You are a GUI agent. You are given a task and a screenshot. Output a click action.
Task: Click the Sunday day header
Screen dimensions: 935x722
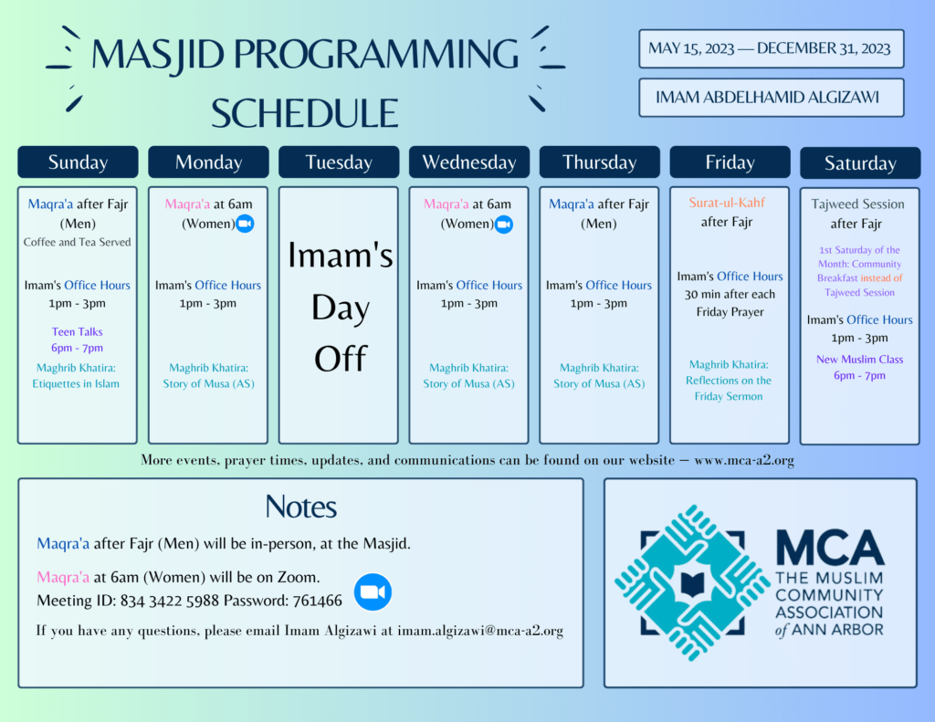click(78, 162)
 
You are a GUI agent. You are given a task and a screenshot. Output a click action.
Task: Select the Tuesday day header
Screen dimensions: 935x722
click(339, 162)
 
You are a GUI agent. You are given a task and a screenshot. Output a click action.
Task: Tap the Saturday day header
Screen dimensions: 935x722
click(860, 162)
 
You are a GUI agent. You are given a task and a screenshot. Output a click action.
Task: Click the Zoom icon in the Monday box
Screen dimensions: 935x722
click(245, 224)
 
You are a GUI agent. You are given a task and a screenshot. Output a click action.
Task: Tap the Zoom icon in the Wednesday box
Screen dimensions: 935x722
click(504, 225)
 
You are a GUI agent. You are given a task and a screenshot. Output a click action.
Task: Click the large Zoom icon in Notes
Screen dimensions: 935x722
click(373, 592)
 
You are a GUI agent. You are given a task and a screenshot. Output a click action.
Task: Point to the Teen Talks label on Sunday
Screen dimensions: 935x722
click(77, 332)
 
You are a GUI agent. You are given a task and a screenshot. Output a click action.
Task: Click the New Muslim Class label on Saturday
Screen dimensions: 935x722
click(859, 360)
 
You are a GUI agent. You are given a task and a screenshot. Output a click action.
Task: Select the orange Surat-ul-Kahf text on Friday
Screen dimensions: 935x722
click(727, 203)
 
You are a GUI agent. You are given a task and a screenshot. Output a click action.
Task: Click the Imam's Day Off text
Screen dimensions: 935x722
click(340, 307)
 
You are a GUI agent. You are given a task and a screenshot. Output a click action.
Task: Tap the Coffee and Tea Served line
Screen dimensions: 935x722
click(77, 242)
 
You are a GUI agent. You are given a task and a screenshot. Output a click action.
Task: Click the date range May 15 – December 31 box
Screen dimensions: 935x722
click(771, 49)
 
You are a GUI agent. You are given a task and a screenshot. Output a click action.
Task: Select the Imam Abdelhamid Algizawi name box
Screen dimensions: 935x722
click(771, 97)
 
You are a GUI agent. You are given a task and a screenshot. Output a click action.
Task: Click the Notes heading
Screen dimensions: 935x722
click(301, 507)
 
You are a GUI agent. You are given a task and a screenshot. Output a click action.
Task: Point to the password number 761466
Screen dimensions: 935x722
click(317, 601)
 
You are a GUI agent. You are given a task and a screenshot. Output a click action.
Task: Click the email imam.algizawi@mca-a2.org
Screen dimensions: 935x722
click(480, 631)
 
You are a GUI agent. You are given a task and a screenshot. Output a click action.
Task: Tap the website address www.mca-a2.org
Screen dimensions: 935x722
click(744, 460)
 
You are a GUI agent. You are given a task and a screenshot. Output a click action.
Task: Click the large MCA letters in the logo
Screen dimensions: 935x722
click(829, 547)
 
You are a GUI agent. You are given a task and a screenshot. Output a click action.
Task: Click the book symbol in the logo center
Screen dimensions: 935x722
click(692, 583)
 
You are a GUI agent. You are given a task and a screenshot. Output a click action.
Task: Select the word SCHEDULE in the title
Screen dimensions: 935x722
click(305, 113)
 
